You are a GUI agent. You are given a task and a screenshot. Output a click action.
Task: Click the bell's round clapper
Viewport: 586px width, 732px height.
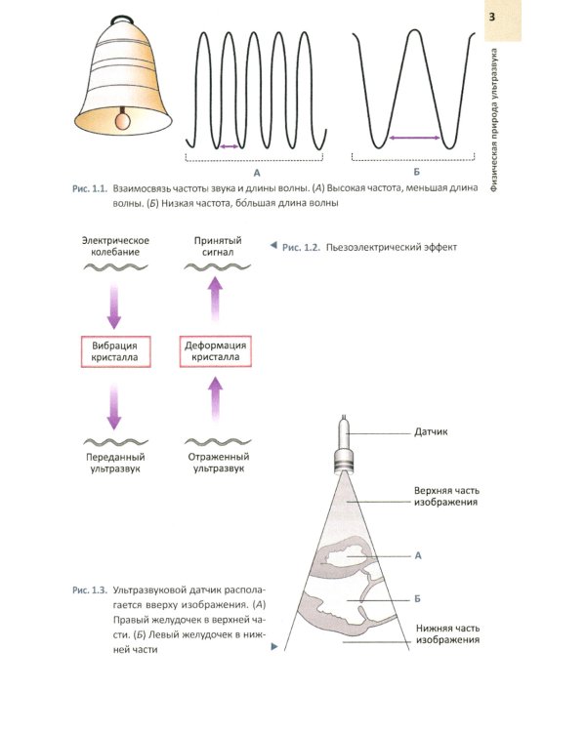[123, 121]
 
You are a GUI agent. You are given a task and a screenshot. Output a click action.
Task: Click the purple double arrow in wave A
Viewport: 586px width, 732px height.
[228, 146]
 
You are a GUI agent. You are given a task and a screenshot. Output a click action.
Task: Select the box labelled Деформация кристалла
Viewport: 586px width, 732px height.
[215, 351]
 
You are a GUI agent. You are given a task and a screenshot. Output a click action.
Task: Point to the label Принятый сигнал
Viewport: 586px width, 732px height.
[215, 246]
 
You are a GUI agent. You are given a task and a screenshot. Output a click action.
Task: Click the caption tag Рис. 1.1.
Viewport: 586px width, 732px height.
[88, 185]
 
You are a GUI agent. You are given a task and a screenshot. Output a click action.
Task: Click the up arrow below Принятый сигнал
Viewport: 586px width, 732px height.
[215, 295]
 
